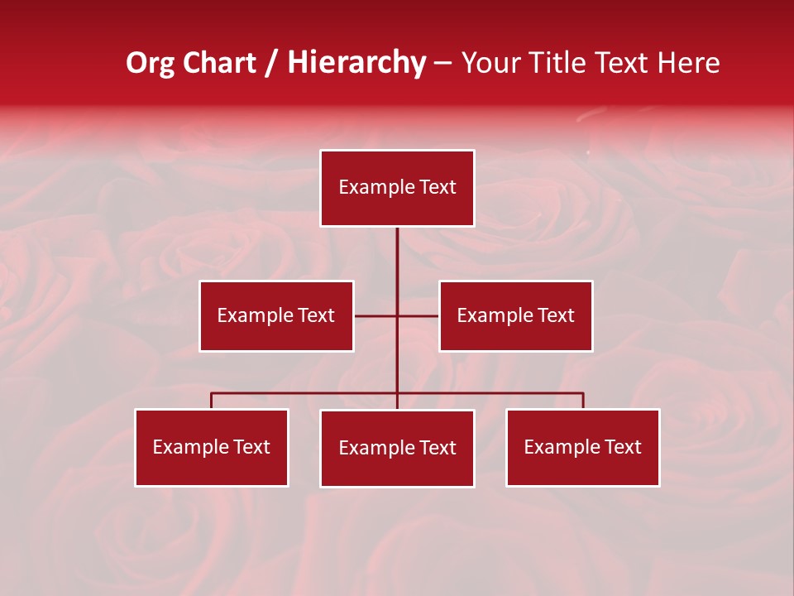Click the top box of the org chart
point(397,188)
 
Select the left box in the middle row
point(276,315)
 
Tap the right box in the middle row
point(515,315)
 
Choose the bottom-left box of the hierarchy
point(212,447)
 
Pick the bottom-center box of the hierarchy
point(397,448)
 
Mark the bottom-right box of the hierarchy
point(582,447)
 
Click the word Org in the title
point(150,63)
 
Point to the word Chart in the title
point(219,63)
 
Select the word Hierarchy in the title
point(356,63)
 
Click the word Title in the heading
point(566,63)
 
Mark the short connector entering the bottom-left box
point(212,401)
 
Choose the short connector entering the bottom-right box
point(583,401)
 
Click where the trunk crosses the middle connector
point(397,315)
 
